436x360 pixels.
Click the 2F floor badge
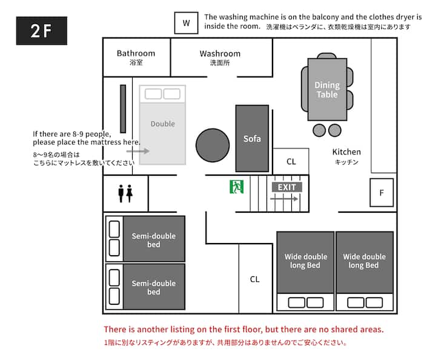point(42,30)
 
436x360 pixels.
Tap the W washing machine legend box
point(187,23)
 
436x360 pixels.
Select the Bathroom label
point(136,53)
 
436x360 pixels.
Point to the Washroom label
point(220,53)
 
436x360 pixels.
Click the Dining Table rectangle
point(327,89)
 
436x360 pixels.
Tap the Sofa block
point(252,138)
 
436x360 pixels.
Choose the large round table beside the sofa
point(213,145)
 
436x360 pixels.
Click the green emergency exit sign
point(237,187)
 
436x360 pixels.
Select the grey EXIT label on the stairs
point(286,187)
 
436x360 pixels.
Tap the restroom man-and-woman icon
point(125,193)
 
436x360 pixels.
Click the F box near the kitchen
point(381,193)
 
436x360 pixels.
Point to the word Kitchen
point(346,152)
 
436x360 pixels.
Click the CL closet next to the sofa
point(291,161)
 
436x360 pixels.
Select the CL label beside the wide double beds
point(255,279)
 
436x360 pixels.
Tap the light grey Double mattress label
point(163,124)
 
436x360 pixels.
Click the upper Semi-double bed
point(145,239)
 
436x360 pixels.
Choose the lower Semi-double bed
point(145,287)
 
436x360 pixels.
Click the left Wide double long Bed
point(305,271)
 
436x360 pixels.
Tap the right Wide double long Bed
point(365,271)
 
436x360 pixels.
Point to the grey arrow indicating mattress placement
point(138,151)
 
